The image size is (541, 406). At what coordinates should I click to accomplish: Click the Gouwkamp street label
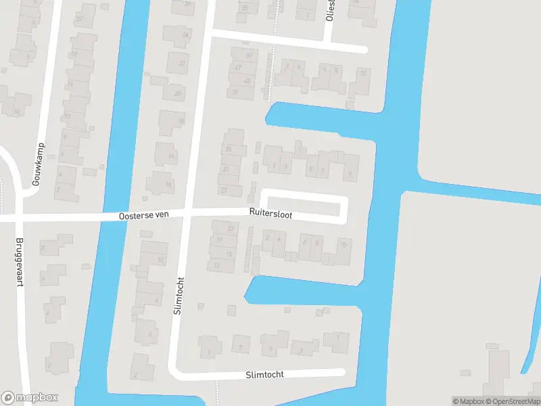point(38,164)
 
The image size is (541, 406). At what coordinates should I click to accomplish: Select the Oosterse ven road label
point(143,215)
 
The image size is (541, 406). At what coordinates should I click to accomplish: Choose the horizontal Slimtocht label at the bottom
point(264,374)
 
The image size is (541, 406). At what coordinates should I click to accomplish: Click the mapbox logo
point(29,398)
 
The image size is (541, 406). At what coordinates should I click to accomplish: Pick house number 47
point(237,68)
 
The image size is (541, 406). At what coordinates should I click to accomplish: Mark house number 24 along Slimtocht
point(185,35)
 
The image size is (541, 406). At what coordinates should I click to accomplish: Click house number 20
point(177,93)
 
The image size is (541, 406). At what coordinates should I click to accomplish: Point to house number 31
point(225,170)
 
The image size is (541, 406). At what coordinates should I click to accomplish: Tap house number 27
point(223,191)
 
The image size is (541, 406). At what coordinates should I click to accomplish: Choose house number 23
point(231,229)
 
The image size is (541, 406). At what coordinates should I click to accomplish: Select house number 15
point(229,254)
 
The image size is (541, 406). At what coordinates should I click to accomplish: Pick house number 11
point(216,265)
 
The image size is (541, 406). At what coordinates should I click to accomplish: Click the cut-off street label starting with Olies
point(329,10)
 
